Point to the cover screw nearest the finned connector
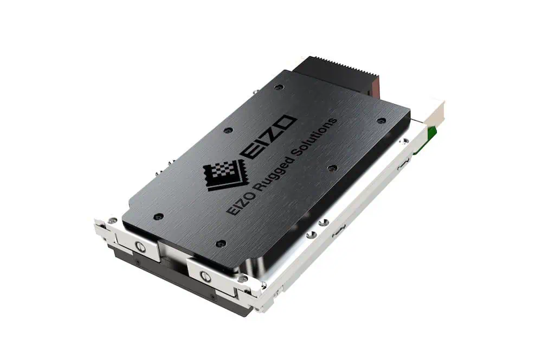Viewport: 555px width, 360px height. (x=279, y=87)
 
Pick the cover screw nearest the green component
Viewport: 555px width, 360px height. (x=382, y=120)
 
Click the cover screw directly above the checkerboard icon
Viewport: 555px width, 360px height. (x=228, y=130)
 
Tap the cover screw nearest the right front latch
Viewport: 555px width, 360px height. (x=220, y=243)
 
